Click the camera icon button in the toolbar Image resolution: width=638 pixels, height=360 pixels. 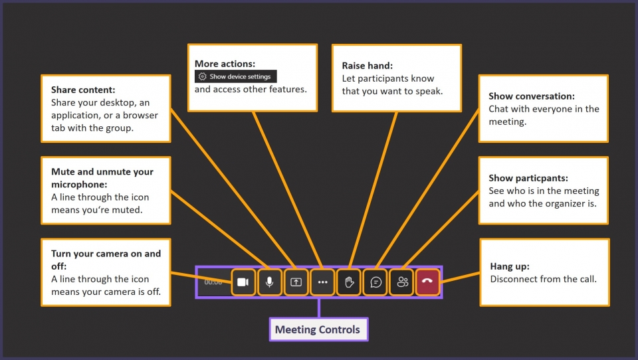click(243, 282)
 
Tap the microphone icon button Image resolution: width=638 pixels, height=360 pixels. click(269, 282)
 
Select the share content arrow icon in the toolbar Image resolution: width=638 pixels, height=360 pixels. click(296, 282)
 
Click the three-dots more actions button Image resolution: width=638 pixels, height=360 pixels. click(323, 282)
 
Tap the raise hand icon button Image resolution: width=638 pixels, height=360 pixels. click(349, 282)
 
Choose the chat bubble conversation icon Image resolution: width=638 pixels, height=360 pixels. click(375, 282)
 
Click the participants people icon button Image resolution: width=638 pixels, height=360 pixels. click(402, 282)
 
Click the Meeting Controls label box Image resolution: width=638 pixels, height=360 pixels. click(318, 329)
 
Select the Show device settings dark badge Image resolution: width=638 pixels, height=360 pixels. click(235, 77)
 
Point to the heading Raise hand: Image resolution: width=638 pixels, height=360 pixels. click(368, 66)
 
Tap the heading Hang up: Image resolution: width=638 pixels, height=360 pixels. click(510, 266)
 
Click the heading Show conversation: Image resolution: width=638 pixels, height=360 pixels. click(532, 96)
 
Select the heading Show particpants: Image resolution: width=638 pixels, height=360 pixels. click(528, 178)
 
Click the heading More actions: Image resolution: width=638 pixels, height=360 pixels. click(225, 64)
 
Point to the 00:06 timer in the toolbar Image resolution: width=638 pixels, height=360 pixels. click(213, 282)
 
